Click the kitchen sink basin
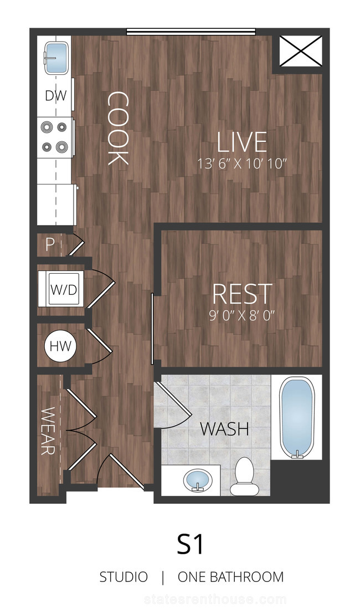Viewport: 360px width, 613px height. [x=56, y=58]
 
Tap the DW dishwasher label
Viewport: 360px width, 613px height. [x=56, y=95]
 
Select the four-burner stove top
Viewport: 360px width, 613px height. [x=55, y=137]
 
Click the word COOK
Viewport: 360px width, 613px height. [x=117, y=128]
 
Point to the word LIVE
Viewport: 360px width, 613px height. [x=242, y=142]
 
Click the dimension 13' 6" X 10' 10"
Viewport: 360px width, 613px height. [x=242, y=164]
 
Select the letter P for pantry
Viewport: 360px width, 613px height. [x=50, y=245]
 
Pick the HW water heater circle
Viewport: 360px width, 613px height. [x=60, y=346]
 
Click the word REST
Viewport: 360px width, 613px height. [x=242, y=294]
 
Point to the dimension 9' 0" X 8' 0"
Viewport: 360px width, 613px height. [x=242, y=315]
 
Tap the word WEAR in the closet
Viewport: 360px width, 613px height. [x=48, y=431]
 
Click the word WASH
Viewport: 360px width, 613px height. [x=224, y=429]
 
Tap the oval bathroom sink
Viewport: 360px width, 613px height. [x=198, y=480]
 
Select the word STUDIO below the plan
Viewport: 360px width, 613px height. [x=124, y=577]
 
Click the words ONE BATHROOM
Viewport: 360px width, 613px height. [x=231, y=577]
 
